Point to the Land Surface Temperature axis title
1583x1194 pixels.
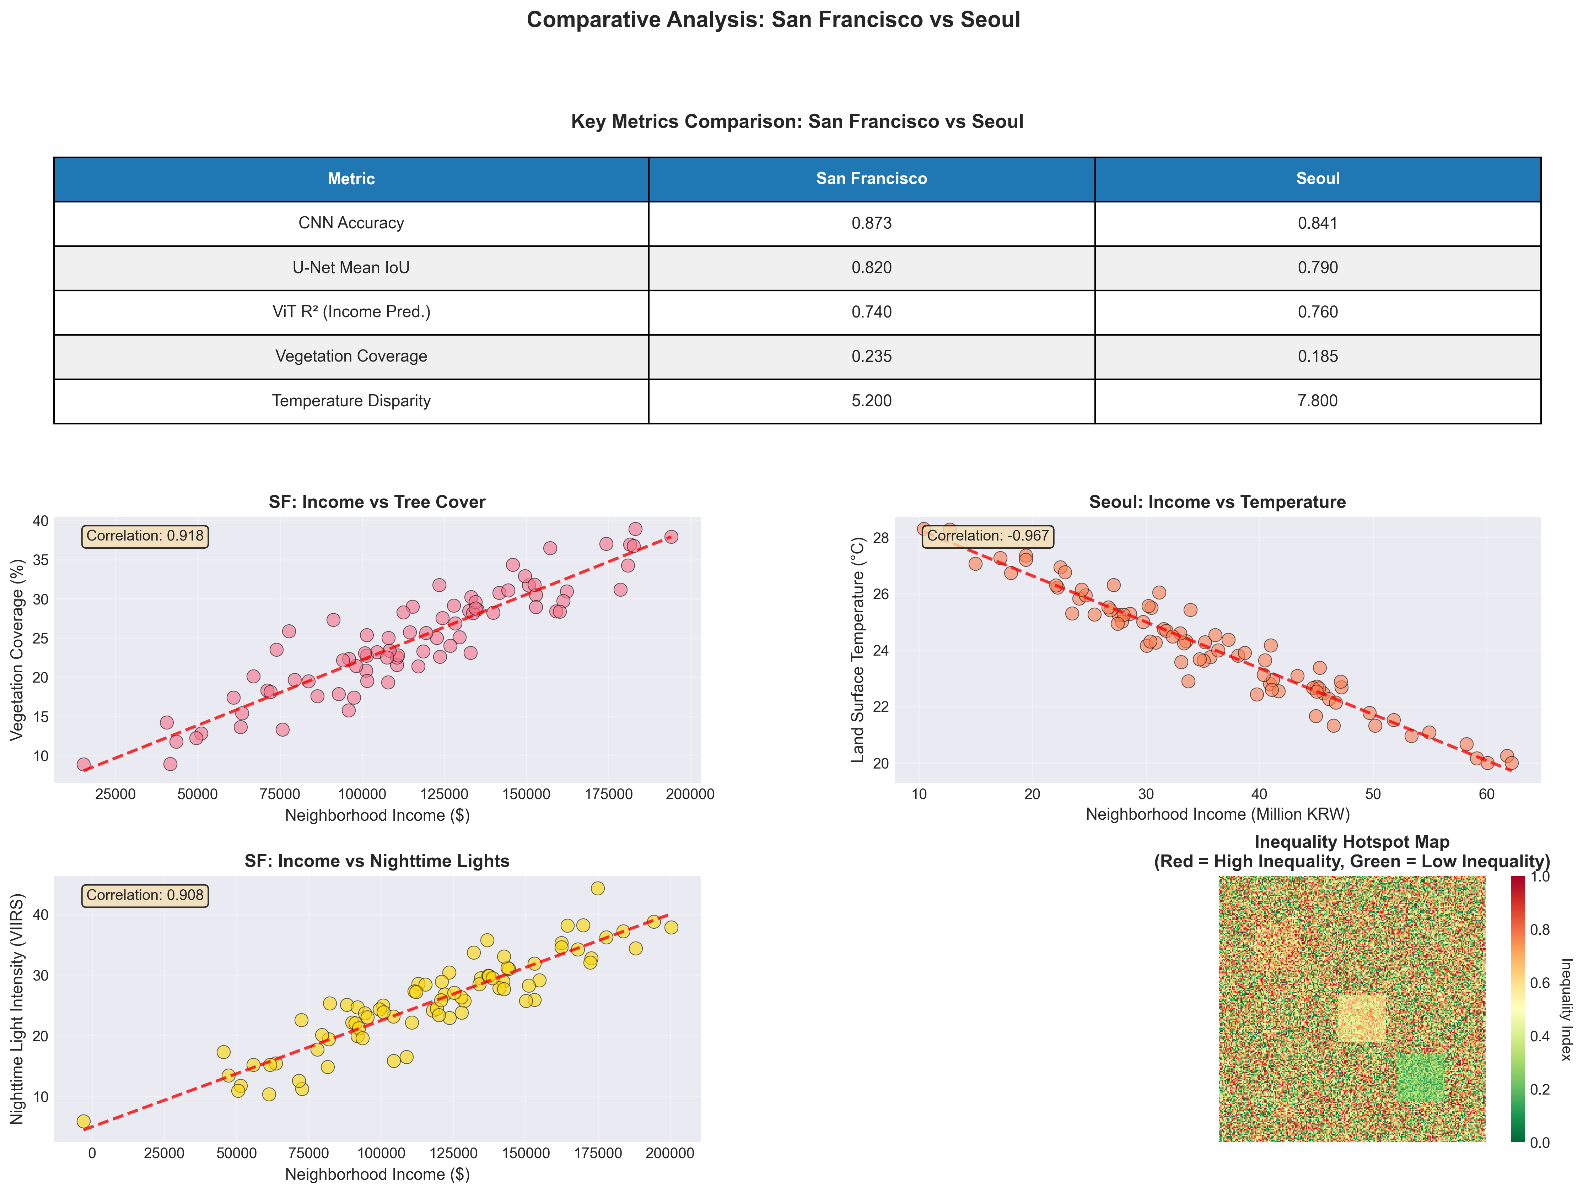(857, 650)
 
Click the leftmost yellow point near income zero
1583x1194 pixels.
(84, 1121)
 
